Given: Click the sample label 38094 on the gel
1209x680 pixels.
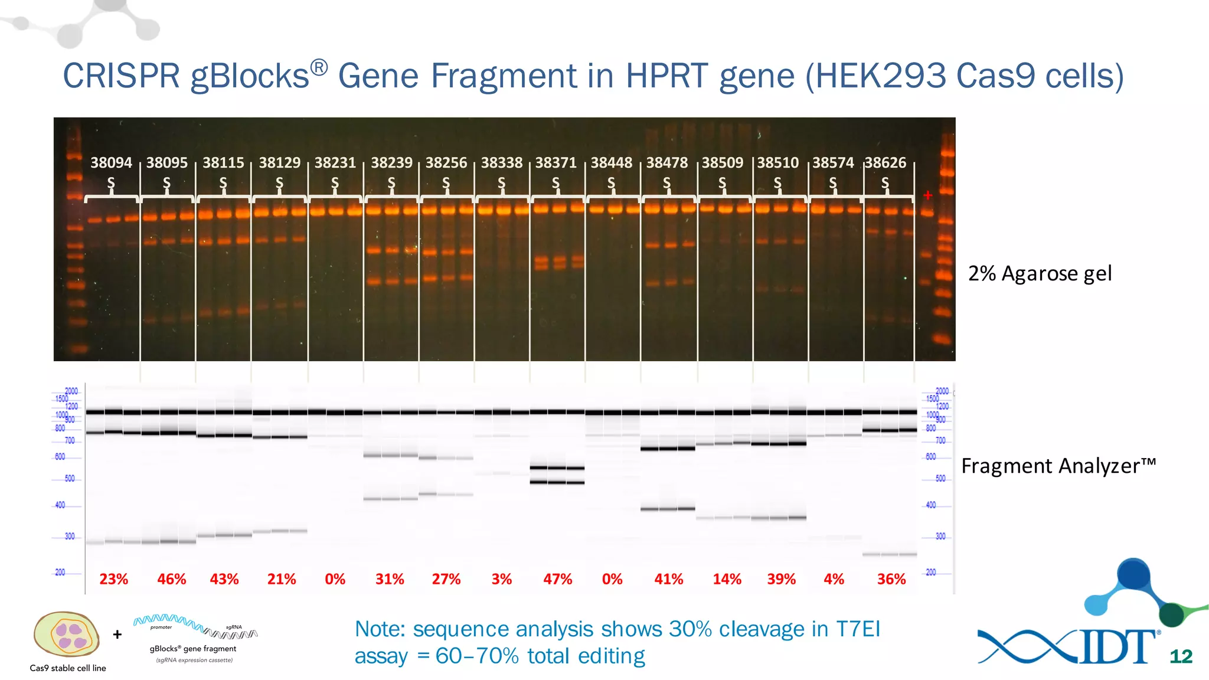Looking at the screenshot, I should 111,163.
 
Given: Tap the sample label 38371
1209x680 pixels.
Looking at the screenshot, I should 556,163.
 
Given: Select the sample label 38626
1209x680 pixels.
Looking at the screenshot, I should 885,163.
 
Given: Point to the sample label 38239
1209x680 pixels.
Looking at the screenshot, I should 391,163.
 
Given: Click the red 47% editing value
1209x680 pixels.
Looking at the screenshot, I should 557,579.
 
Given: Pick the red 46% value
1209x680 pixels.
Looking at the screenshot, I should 171,579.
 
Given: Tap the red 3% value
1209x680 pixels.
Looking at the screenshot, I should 501,579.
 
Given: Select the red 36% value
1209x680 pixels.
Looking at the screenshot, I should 891,579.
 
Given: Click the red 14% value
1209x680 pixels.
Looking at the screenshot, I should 727,579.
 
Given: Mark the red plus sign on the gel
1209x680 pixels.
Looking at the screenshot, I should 927,195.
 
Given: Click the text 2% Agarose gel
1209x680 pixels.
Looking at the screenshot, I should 1040,274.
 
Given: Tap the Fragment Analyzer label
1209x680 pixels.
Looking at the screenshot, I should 1058,466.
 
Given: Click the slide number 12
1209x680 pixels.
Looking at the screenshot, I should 1181,656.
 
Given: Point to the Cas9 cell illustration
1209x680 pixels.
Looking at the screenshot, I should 67,635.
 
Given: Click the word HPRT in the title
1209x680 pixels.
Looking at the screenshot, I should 668,77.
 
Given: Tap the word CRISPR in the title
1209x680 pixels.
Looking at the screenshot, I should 121,77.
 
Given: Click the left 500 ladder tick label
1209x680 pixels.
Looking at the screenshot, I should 70,479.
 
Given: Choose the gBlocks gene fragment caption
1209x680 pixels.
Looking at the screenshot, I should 193,649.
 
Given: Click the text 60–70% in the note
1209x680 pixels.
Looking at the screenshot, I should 477,656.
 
